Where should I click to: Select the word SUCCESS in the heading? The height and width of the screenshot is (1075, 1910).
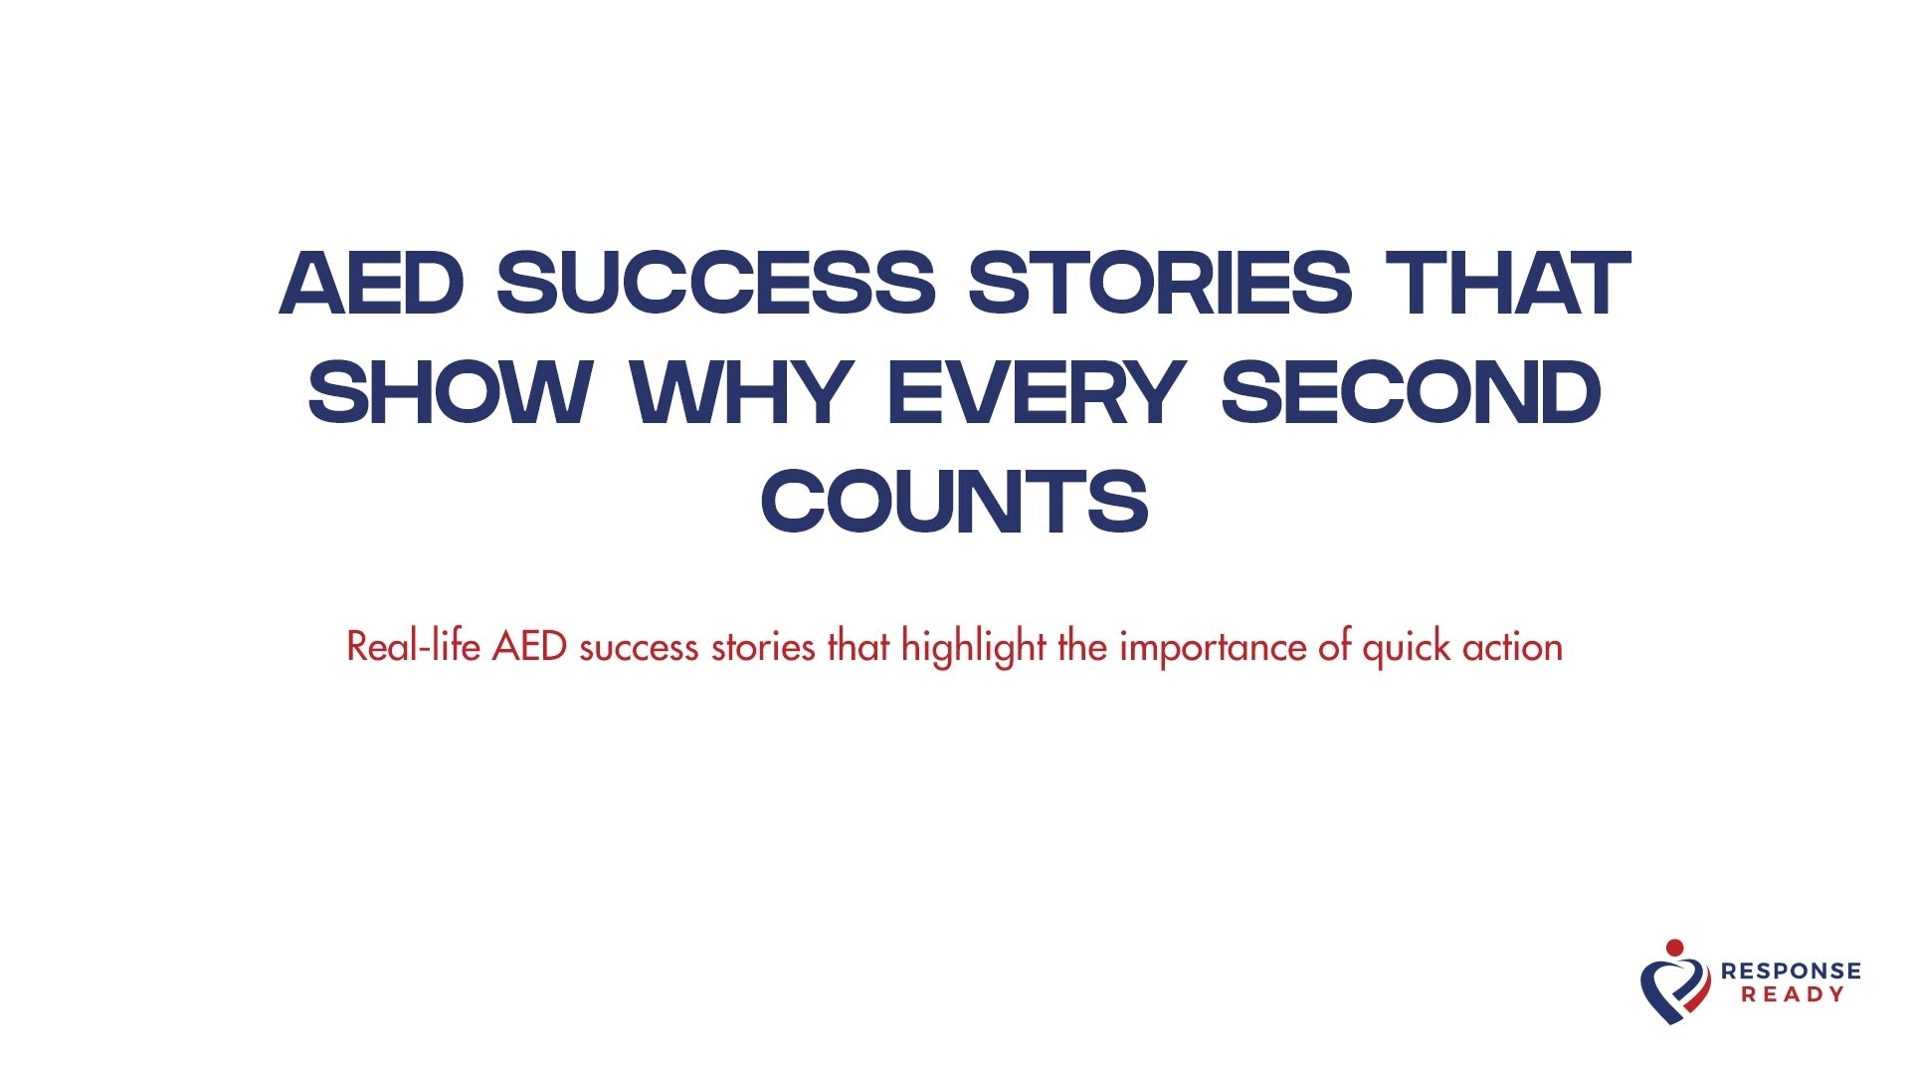pos(716,284)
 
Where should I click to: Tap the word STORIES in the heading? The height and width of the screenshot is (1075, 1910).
pos(1160,284)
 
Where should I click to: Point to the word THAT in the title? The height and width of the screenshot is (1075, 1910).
pos(1508,284)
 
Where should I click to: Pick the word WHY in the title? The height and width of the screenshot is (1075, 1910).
pos(740,392)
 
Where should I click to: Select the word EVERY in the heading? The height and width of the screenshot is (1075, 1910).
pos(1036,392)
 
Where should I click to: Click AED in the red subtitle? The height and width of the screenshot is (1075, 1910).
pos(529,647)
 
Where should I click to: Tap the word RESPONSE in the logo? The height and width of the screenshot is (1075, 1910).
pos(1791,970)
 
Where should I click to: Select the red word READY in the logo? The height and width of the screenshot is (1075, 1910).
pos(1793,994)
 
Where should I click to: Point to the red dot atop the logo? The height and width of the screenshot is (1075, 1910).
pos(1675,947)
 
